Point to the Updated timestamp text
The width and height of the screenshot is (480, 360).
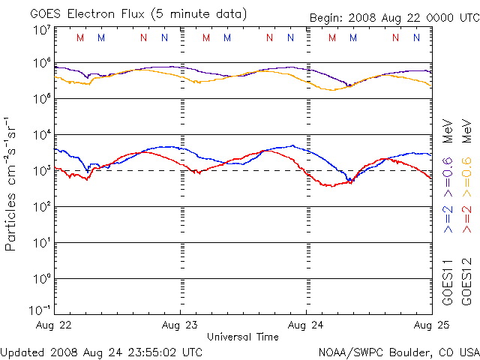click(x=101, y=351)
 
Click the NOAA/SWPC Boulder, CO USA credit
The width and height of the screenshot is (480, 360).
click(x=398, y=351)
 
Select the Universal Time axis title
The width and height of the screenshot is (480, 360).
click(x=243, y=337)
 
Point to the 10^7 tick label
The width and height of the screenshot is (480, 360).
click(x=40, y=30)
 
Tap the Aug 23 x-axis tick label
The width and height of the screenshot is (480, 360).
click(x=180, y=325)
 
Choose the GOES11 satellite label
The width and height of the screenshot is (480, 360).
click(x=448, y=282)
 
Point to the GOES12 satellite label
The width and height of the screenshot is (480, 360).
click(x=466, y=282)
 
